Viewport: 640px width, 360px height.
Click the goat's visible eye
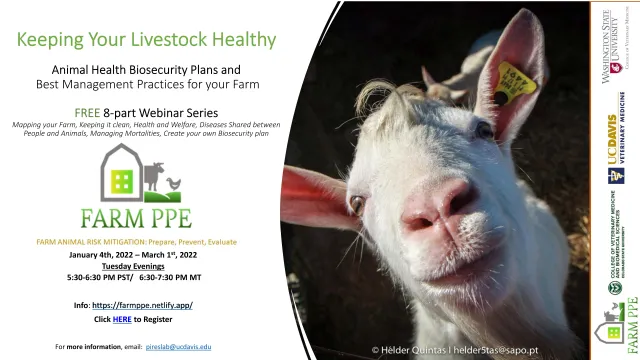[x=357, y=206]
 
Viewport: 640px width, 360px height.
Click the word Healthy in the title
[x=241, y=40]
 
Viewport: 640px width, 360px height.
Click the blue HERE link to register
[x=121, y=318]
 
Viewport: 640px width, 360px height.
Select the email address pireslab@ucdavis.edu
[x=178, y=346]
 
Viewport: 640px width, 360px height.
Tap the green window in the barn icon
[x=123, y=179]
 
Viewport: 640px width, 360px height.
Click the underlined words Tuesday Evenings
[x=147, y=264]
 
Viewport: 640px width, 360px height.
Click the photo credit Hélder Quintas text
[x=471, y=350]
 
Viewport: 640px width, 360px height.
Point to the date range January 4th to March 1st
[x=147, y=254]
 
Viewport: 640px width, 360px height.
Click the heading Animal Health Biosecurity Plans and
[x=147, y=70]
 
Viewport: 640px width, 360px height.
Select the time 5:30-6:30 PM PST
[x=103, y=275]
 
